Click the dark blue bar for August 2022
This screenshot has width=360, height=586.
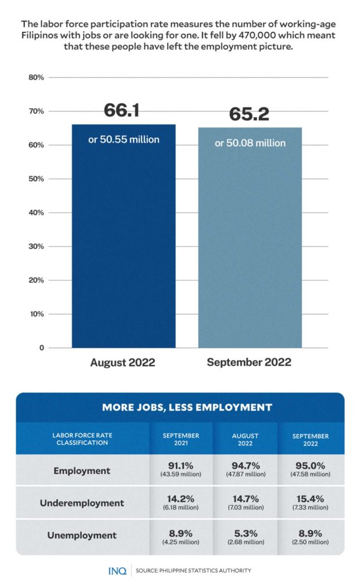(x=124, y=244)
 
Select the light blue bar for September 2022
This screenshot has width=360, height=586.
(x=250, y=244)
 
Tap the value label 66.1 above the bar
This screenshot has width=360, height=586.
(x=122, y=110)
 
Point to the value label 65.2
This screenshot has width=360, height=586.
(x=249, y=114)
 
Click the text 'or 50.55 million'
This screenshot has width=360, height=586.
(x=124, y=140)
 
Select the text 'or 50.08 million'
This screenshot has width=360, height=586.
(x=250, y=143)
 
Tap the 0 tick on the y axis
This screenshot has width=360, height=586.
(x=41, y=348)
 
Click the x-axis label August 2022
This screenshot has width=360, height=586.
(x=123, y=363)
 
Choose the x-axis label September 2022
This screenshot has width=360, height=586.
(x=249, y=363)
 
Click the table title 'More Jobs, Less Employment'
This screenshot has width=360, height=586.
(x=187, y=407)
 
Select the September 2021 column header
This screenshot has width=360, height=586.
(x=181, y=439)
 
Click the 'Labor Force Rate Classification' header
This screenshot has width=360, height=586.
(x=80, y=439)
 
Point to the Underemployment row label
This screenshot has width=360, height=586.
(x=82, y=503)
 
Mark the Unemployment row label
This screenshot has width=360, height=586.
(x=82, y=535)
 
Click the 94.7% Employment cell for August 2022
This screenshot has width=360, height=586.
(x=246, y=470)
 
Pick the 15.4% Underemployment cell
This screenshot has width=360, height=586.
(x=310, y=502)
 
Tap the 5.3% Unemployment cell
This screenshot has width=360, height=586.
(x=246, y=535)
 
